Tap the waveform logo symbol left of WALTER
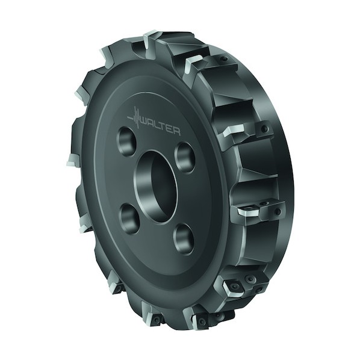pyautogui.click(x=134, y=118)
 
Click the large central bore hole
pyautogui.click(x=156, y=186)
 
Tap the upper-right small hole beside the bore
pyautogui.click(x=185, y=157)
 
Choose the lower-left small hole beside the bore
pyautogui.click(x=129, y=218)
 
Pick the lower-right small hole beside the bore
pyautogui.click(x=183, y=239)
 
